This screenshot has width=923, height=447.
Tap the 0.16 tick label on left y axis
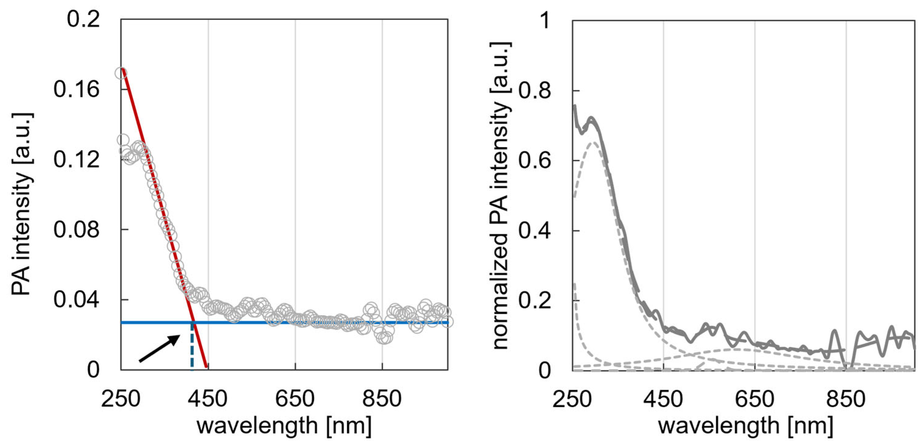(76, 89)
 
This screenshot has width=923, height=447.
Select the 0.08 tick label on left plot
(76, 229)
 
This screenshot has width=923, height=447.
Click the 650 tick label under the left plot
(295, 399)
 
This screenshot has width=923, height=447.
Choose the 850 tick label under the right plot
(846, 399)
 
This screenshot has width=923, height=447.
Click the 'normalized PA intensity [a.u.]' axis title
(500, 195)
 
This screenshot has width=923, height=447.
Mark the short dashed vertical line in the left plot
(192, 345)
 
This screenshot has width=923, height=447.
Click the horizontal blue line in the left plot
(322, 323)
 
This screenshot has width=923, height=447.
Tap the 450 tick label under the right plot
(663, 399)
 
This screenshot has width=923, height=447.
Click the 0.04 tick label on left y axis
(76, 299)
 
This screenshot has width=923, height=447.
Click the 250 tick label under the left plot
(121, 399)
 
